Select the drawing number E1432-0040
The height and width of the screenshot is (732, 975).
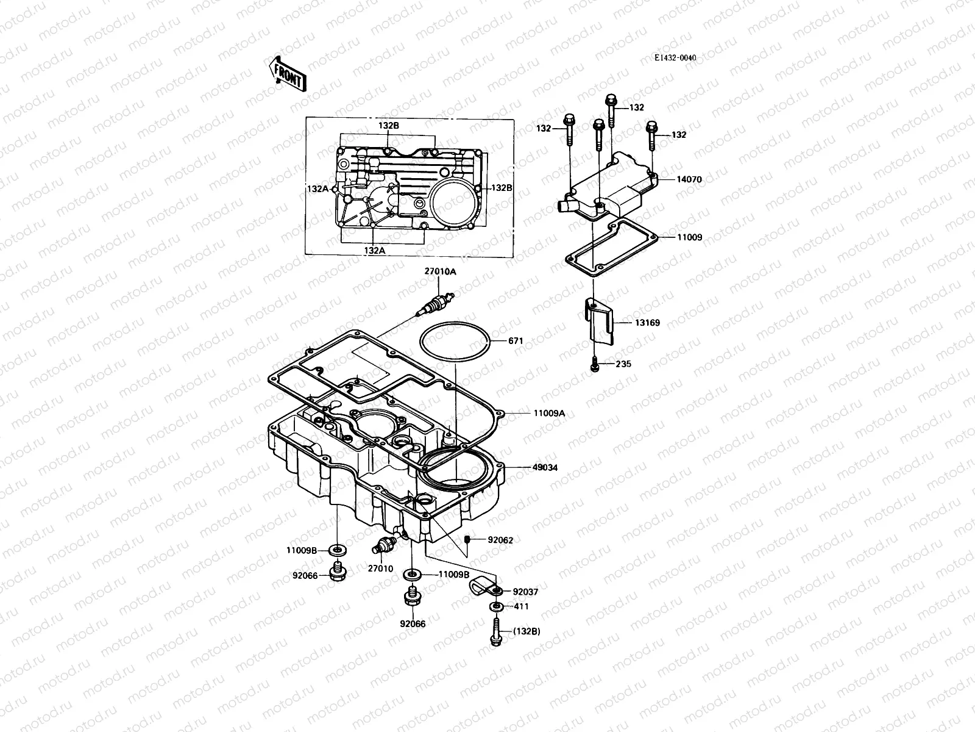point(675,58)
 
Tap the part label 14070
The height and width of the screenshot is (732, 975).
point(689,180)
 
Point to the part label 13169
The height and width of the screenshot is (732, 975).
point(647,323)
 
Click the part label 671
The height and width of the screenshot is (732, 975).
point(516,342)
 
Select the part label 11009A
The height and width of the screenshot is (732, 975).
point(549,413)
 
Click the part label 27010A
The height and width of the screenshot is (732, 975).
point(440,271)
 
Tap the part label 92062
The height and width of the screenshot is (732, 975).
point(500,540)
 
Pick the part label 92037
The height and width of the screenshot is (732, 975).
point(525,592)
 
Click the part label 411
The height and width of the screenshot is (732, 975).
point(521,606)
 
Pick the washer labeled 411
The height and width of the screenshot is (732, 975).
point(496,607)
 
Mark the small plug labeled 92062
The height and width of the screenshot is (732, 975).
point(467,539)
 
